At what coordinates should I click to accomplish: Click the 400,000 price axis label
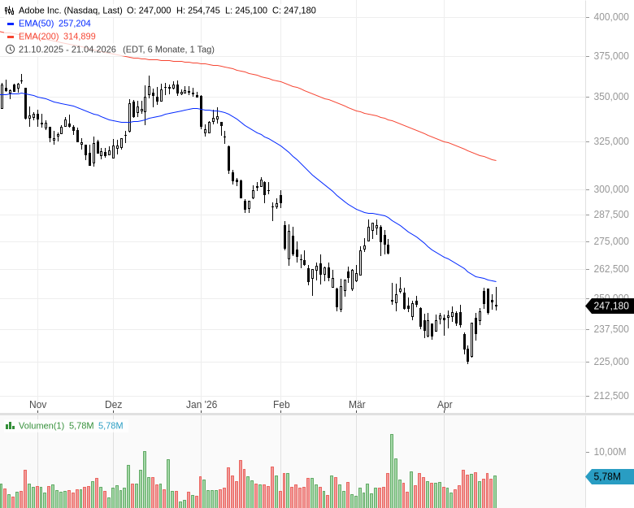[x=611, y=17]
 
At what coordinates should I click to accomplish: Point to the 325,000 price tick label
[x=611, y=141]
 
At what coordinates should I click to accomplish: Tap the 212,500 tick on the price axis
[x=611, y=396]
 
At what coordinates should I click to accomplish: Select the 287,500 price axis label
[x=611, y=215]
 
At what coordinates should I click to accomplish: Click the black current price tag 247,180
[x=610, y=306]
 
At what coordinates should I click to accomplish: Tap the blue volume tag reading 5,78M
[x=608, y=476]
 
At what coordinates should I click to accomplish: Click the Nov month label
[x=37, y=405]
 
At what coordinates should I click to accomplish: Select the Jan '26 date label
[x=202, y=405]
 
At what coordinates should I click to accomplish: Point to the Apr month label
[x=445, y=405]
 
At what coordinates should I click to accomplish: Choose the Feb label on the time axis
[x=281, y=405]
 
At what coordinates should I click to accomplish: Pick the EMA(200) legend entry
[x=56, y=37]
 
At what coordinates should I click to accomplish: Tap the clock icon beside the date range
[x=10, y=50]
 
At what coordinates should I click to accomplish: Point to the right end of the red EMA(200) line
[x=496, y=160]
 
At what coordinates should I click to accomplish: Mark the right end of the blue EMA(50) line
[x=496, y=282]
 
